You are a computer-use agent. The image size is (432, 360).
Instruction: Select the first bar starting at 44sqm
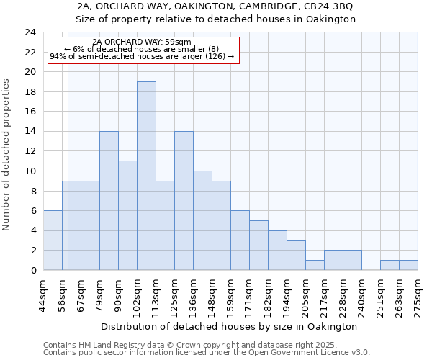53,240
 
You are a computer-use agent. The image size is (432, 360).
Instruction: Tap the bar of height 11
127,215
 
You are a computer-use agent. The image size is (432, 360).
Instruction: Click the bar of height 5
258,245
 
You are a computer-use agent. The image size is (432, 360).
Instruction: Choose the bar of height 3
296,255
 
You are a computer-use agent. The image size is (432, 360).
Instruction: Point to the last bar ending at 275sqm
408,265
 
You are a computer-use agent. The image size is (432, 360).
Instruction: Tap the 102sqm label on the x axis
138,294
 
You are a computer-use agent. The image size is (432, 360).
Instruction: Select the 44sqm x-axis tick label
44,294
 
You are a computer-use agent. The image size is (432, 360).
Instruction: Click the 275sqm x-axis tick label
418,294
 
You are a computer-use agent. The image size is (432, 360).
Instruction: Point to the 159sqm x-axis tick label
231,294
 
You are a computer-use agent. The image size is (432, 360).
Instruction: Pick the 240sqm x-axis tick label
362,294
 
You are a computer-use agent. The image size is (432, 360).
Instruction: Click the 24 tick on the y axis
30,32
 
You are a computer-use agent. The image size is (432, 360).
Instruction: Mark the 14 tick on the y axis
30,132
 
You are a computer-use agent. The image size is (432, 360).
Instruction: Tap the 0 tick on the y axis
33,270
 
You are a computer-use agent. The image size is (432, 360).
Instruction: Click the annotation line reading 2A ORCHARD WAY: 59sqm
142,42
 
